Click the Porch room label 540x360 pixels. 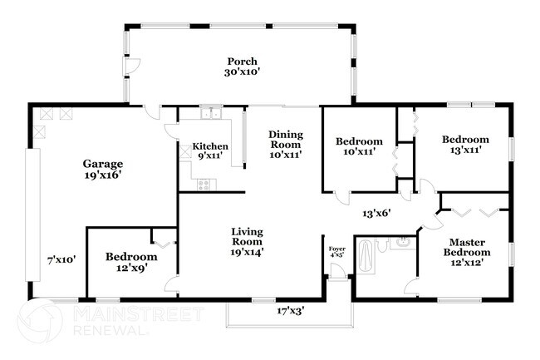coord(242,62)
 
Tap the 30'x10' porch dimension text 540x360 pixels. coord(242,72)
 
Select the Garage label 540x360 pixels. coord(102,164)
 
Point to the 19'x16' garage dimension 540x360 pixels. coord(102,175)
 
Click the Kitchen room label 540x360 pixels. coord(210,145)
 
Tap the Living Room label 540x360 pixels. coord(247,236)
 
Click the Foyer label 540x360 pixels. coord(336,249)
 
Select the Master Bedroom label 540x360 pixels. coord(465,246)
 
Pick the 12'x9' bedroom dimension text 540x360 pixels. coord(130,269)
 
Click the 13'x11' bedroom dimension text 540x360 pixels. coord(464,150)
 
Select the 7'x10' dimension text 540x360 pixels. coord(61,259)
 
